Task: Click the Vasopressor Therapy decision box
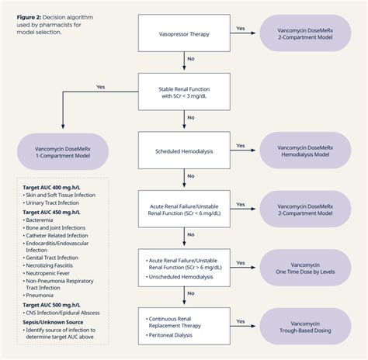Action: [x=184, y=33]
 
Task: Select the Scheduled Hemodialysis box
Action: [x=184, y=147]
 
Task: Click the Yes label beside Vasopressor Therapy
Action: [x=240, y=29]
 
